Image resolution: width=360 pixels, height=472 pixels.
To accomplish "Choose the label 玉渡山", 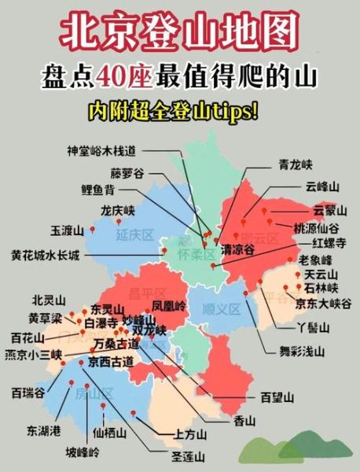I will [x=67, y=230].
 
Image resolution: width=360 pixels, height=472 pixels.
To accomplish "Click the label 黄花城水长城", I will [x=46, y=256].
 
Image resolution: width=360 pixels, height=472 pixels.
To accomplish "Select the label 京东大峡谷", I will [x=319, y=301].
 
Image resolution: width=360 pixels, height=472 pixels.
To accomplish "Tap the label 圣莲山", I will [x=189, y=455].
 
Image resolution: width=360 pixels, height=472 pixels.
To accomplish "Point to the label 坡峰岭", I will [x=83, y=452].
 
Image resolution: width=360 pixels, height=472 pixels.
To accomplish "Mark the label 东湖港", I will [x=43, y=430].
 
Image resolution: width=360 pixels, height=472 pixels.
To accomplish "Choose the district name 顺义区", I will [x=221, y=308].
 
